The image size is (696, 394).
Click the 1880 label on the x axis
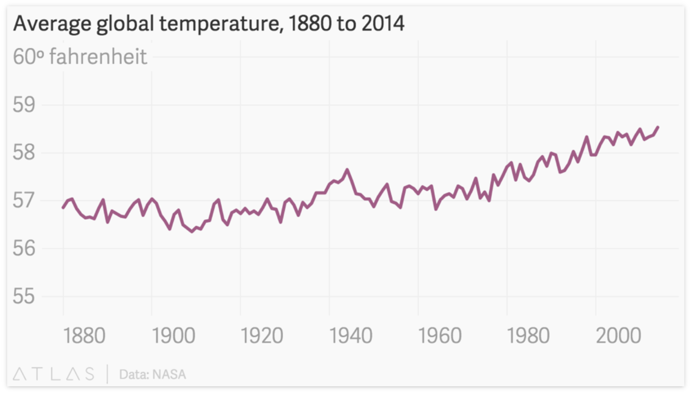click(84, 336)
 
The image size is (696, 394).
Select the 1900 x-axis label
click(173, 336)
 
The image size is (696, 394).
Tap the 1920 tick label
click(262, 336)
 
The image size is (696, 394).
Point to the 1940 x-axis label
click(351, 336)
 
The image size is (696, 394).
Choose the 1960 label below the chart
click(440, 336)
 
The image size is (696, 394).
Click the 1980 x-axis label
click(528, 336)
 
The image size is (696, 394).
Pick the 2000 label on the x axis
click(618, 336)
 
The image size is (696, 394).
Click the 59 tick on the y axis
click(24, 105)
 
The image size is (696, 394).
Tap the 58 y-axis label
click(24, 152)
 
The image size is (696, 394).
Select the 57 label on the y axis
click(24, 200)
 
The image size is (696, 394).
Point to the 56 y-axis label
click(24, 248)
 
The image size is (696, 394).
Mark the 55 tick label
click(24, 296)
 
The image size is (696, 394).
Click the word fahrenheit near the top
click(98, 57)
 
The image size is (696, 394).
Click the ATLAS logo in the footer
click(54, 374)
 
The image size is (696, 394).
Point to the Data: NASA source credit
click(153, 375)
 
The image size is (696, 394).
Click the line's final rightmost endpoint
click(658, 127)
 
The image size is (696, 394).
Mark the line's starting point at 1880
click(63, 207)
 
